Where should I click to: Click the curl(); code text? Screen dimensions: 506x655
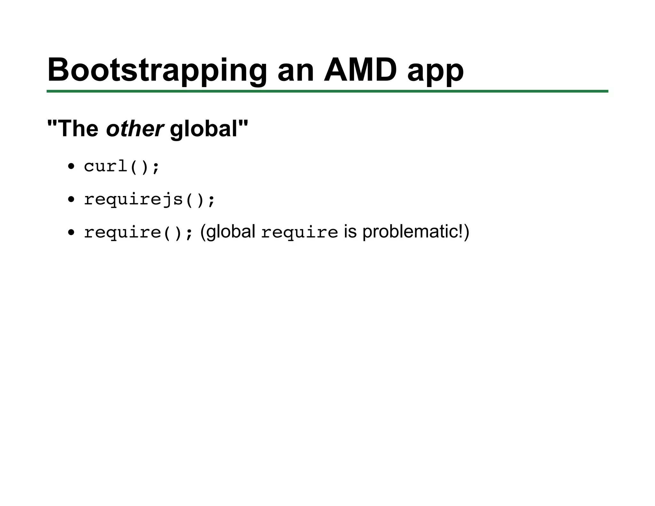point(121,167)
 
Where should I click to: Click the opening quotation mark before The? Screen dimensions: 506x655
point(51,123)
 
